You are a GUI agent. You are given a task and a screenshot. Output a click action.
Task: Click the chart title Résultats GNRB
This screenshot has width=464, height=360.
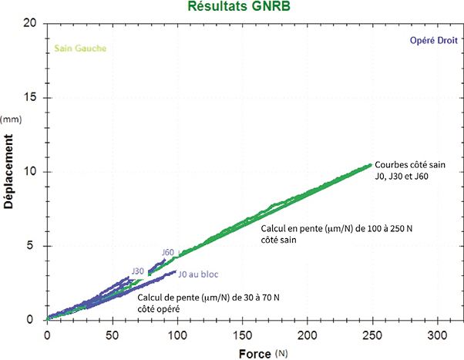(232, 7)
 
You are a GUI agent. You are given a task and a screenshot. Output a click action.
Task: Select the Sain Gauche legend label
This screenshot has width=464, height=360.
(80, 49)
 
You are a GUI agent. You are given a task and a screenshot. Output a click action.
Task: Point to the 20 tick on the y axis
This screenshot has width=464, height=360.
(30, 23)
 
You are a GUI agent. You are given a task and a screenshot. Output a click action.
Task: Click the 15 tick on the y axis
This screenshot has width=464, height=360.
(31, 98)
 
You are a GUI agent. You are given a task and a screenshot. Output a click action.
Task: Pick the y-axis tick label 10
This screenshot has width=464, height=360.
(31, 172)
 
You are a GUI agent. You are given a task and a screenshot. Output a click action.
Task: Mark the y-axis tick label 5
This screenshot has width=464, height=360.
(34, 246)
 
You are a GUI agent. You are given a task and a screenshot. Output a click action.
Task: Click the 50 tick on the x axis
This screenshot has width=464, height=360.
(112, 336)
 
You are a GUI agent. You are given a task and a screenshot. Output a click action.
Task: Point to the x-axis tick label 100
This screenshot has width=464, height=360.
(177, 336)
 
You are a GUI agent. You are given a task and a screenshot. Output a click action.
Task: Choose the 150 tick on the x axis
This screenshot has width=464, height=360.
(242, 336)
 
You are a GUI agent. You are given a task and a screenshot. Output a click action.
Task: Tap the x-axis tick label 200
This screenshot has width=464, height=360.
(307, 336)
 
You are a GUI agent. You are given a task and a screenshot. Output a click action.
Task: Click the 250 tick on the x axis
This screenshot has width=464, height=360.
(372, 336)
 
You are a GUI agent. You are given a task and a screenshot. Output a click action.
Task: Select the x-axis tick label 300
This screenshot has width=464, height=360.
(437, 336)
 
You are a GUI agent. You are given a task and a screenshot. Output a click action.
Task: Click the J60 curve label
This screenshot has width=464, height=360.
(168, 253)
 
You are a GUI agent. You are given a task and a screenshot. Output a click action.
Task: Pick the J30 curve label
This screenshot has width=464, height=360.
(137, 271)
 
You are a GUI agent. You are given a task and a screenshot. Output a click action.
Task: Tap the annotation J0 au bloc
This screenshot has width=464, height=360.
(199, 274)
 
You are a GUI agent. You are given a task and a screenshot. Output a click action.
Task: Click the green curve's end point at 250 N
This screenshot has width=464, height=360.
(370, 164)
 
